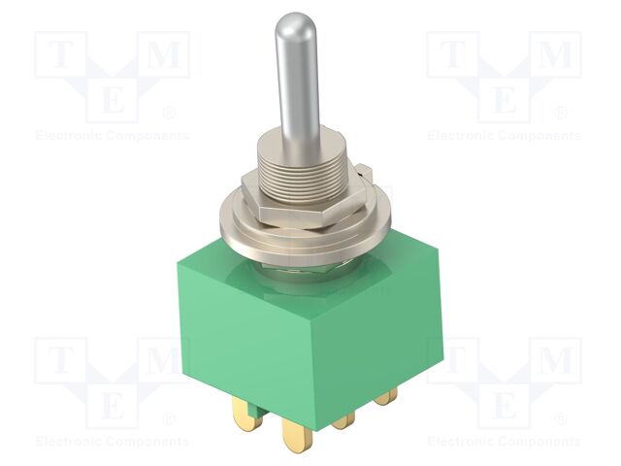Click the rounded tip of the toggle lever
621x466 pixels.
click(292, 25)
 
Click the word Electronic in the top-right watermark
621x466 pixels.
click(462, 136)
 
